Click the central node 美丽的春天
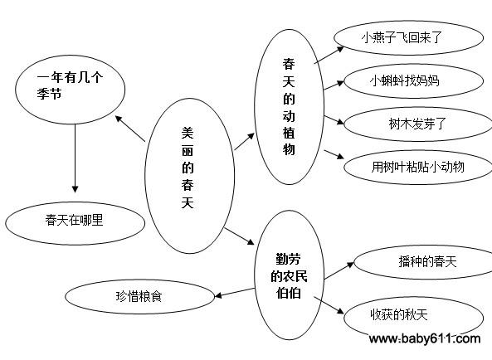click(x=189, y=176)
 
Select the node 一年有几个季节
click(x=70, y=90)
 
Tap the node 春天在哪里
click(x=76, y=223)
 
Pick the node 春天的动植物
click(x=289, y=107)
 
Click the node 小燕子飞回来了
click(x=408, y=38)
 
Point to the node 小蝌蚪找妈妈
click(x=413, y=81)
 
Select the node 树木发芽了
click(x=418, y=124)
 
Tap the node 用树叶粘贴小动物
click(x=418, y=167)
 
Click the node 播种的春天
click(x=423, y=262)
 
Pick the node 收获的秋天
click(x=413, y=317)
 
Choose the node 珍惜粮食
click(x=139, y=296)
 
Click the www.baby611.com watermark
click(x=425, y=338)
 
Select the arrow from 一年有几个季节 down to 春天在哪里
click(x=75, y=158)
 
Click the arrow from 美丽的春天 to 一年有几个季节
click(x=130, y=129)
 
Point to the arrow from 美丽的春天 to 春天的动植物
click(x=244, y=141)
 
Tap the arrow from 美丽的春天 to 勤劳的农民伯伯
click(x=239, y=236)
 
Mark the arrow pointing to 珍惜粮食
click(x=235, y=293)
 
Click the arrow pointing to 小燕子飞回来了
click(x=329, y=56)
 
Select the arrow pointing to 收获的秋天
click(x=329, y=305)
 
